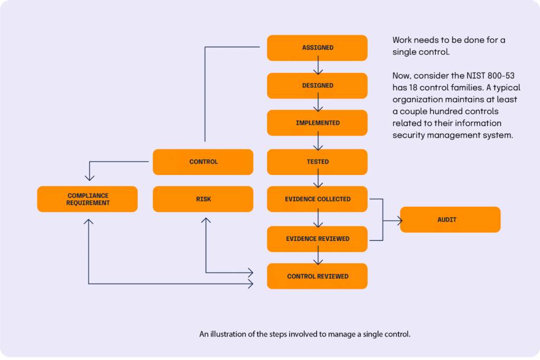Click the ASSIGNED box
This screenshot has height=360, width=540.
click(x=317, y=48)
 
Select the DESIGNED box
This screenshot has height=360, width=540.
click(x=317, y=85)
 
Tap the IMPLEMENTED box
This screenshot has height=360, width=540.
click(x=317, y=123)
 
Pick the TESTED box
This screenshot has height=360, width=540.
click(x=317, y=162)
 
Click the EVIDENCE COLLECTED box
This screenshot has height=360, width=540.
click(x=317, y=199)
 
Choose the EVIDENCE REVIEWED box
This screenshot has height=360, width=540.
click(x=317, y=239)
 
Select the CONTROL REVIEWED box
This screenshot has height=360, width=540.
click(x=317, y=276)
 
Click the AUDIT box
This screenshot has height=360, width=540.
click(x=450, y=220)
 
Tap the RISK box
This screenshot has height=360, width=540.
click(x=203, y=199)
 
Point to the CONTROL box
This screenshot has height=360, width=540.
click(x=203, y=162)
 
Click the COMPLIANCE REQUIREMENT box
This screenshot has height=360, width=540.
click(x=88, y=199)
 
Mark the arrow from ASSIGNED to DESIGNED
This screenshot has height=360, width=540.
click(x=317, y=67)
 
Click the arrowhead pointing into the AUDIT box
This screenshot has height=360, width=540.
click(x=397, y=220)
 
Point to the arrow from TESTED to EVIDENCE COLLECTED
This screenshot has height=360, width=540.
click(x=317, y=181)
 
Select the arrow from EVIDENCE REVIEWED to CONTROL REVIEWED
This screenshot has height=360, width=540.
click(x=317, y=258)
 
